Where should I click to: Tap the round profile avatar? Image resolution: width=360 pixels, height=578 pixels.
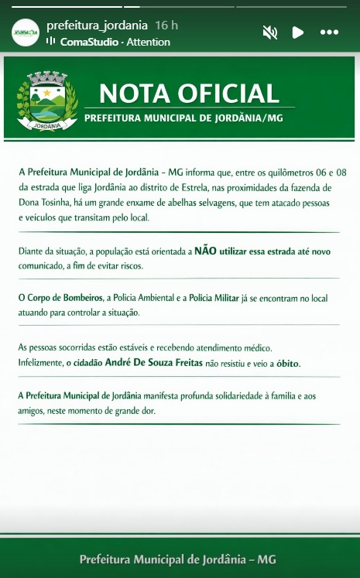pos(26,32)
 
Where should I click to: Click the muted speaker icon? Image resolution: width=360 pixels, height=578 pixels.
pos(270,32)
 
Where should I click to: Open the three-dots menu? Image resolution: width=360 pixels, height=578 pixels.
pos(329,32)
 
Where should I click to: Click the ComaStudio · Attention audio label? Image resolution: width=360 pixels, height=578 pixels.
pos(115,42)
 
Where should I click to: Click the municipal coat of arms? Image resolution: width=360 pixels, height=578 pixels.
pos(46,101)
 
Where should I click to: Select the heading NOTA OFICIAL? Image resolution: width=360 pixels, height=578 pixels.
pos(189,93)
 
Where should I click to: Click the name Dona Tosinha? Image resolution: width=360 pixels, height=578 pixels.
pos(44,203)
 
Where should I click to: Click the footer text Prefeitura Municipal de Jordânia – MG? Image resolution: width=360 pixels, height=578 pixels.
pos(178,559)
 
